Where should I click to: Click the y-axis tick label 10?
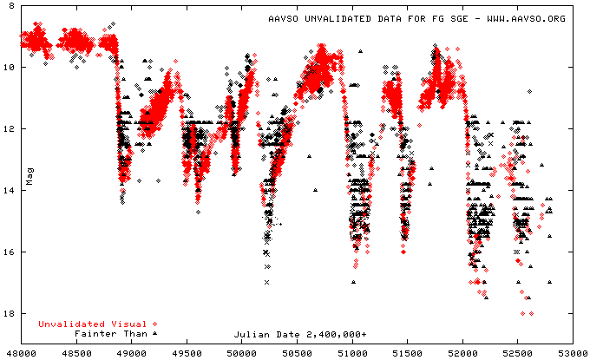point(9,67)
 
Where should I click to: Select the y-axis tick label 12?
point(9,128)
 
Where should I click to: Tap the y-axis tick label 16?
point(9,252)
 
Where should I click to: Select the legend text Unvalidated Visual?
point(92,324)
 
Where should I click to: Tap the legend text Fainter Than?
point(111,333)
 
